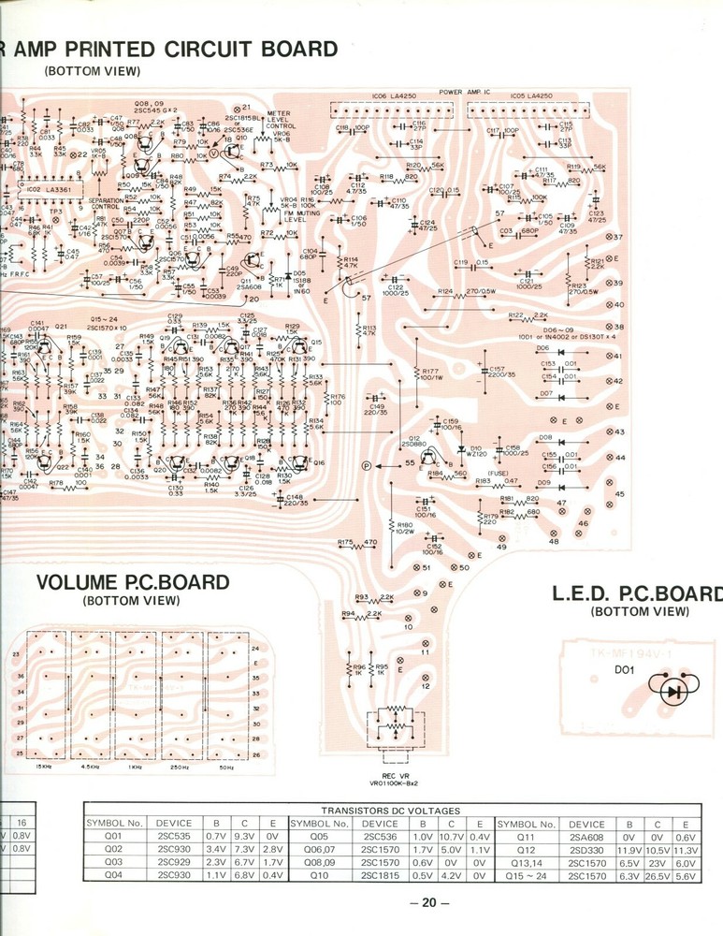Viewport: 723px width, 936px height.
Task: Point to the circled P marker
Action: tap(367, 465)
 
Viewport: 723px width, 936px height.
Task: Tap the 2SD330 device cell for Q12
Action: tap(589, 860)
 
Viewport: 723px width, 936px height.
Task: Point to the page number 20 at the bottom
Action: tap(429, 902)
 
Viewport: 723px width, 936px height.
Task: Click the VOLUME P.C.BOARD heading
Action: tap(132, 582)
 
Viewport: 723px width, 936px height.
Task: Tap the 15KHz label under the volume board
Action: tap(43, 767)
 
